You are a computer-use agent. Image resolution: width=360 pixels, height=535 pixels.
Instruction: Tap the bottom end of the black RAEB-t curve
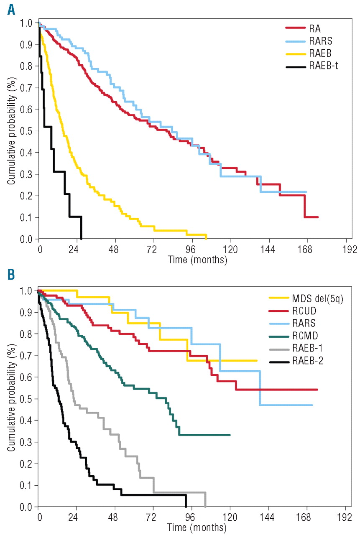pos(81,238)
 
